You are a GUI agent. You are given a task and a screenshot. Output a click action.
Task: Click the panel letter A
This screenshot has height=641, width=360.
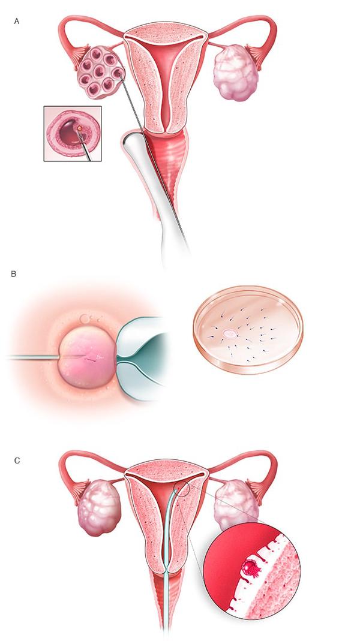[x=16, y=21]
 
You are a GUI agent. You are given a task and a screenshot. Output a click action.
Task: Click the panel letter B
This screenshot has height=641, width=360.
[x=14, y=274]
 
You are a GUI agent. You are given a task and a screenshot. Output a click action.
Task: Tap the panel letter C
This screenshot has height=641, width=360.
[x=17, y=461]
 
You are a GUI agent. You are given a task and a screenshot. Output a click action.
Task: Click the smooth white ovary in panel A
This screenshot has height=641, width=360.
[x=236, y=73]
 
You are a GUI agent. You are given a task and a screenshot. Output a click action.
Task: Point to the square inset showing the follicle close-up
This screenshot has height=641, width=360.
[x=73, y=134]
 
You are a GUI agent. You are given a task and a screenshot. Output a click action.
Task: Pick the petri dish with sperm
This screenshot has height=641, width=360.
[x=248, y=329]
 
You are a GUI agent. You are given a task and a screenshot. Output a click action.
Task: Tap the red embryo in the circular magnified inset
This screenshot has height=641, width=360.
[x=251, y=568]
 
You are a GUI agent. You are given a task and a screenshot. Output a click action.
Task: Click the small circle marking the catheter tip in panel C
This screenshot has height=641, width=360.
[x=181, y=489]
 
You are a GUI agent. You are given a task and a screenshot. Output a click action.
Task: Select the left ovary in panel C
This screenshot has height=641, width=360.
[x=99, y=508]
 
